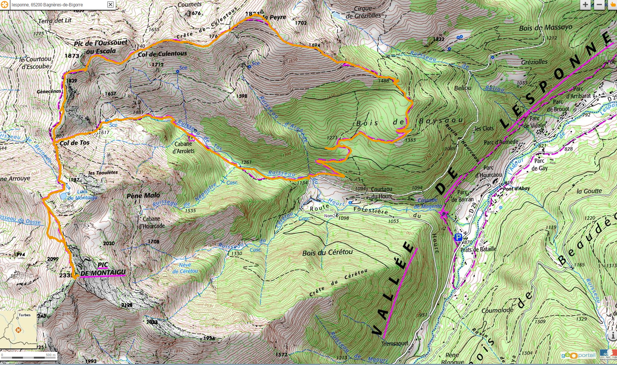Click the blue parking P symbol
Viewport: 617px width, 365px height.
pos(458,237)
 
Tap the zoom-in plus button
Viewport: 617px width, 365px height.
pos(585,5)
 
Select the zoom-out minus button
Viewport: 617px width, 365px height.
pos(599,5)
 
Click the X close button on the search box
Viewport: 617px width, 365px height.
pos(110,5)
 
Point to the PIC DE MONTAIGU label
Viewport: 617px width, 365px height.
pos(103,269)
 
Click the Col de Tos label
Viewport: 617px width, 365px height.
pos(75,143)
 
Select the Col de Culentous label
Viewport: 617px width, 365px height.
pos(162,54)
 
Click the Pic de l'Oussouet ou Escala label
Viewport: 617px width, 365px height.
pos(100,47)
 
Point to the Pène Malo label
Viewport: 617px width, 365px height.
pos(143,195)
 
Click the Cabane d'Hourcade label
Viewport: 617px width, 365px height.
pos(151,222)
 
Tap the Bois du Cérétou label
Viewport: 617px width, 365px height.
pos(327,253)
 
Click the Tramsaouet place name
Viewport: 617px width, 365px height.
pos(395,343)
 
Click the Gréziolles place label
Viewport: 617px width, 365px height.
pos(534,62)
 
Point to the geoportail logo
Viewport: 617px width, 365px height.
pos(578,355)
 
